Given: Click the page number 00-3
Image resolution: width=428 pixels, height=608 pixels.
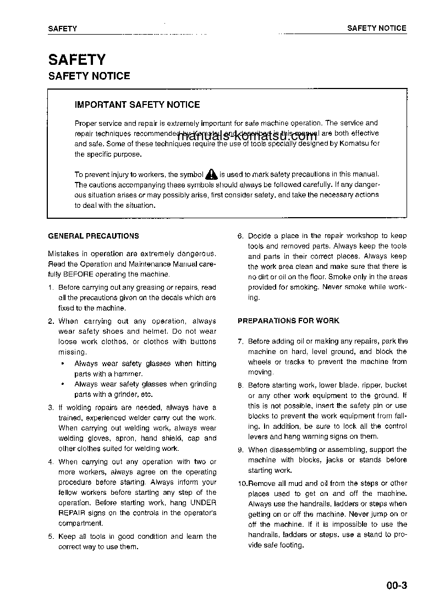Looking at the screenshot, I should coord(396,585).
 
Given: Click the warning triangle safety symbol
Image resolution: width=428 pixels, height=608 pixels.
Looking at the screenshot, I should coord(212,175).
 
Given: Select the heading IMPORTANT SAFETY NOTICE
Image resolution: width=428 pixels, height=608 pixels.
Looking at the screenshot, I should coord(137,104).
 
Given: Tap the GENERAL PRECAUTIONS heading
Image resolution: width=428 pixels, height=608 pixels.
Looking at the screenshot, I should coord(94,236).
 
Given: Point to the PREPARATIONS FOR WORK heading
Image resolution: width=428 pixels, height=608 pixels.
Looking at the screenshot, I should coord(288,320).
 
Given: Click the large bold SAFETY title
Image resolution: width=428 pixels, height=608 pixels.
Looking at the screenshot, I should coord(76,59).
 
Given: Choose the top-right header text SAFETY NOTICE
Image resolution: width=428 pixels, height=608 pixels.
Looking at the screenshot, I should coord(376,28).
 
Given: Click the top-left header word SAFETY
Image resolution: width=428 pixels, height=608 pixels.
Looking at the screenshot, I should coord(62,29).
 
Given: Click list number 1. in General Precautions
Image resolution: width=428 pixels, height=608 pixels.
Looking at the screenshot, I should coord(51,288).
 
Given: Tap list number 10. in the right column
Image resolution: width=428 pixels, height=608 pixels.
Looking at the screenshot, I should coord(242,483).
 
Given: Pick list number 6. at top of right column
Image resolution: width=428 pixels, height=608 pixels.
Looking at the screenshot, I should coord(240,236).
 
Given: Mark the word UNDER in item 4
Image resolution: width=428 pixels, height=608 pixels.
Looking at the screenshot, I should coord(204,503).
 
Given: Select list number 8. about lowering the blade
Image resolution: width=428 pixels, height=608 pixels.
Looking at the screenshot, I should coord(240,385).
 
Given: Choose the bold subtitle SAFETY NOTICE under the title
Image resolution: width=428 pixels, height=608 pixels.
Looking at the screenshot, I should coord(89,76).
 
